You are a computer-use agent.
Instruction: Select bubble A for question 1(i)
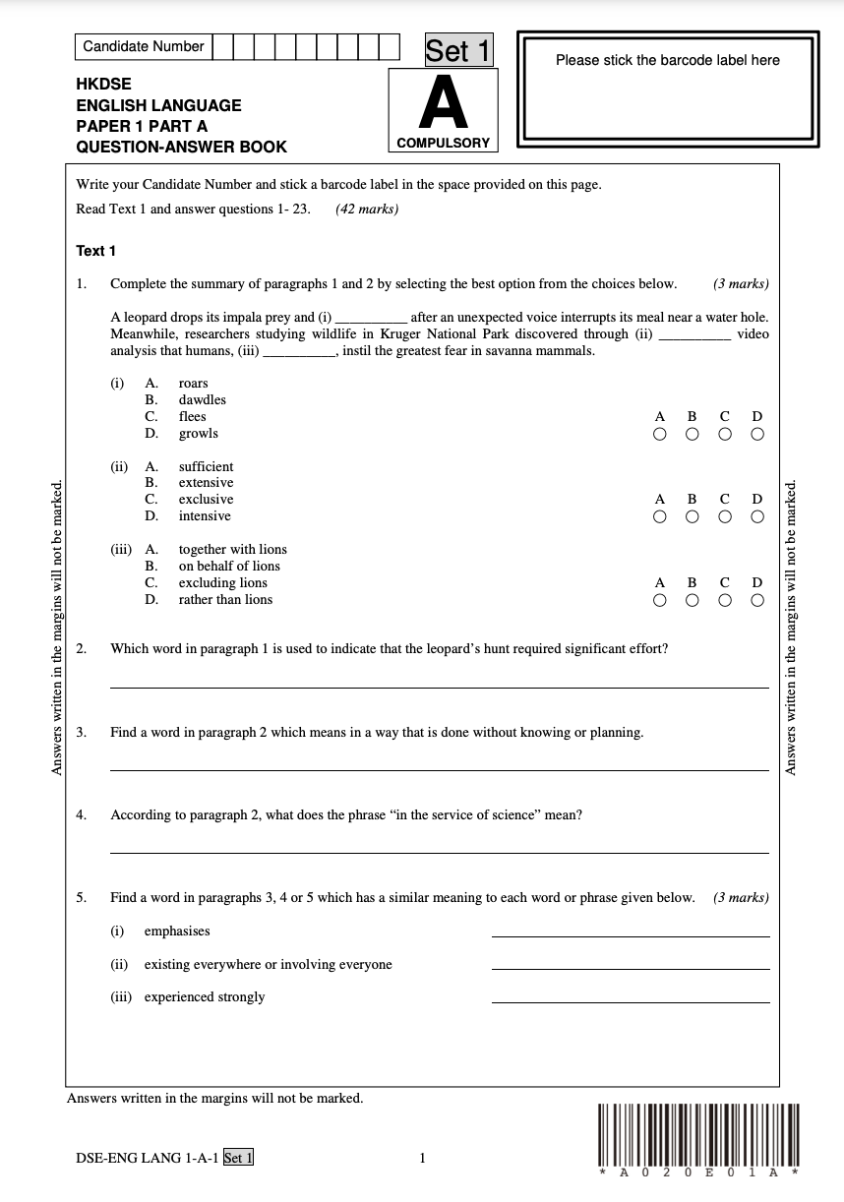(659, 434)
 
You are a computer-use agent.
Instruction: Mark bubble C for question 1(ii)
(724, 516)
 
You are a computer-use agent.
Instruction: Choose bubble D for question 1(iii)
(756, 599)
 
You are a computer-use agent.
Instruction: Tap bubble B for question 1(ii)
(692, 516)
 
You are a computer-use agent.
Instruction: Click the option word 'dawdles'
(202, 400)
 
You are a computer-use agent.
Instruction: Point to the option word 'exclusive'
(206, 500)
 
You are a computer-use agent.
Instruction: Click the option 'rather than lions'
(225, 600)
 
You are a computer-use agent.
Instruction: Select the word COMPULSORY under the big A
(443, 143)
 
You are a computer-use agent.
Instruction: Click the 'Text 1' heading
(95, 251)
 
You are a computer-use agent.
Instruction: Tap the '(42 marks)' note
(366, 209)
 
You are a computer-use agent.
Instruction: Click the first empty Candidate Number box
(222, 46)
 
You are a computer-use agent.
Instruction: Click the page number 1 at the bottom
(422, 1158)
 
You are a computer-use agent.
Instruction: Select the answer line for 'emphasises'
(630, 935)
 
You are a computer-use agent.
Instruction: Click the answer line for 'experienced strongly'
(630, 1001)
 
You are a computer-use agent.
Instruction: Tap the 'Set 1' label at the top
(457, 50)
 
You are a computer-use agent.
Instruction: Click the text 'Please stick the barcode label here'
(667, 60)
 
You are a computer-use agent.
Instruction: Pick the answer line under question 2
(439, 687)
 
